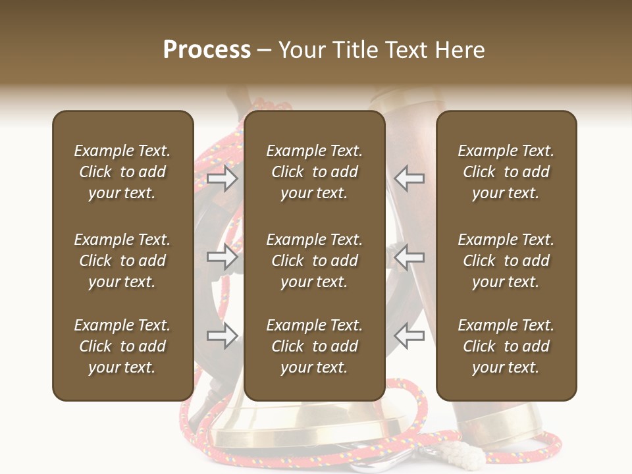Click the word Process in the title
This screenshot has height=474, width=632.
[x=207, y=50]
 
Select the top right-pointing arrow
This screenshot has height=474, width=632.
[x=223, y=178]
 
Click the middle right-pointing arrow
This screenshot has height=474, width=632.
[x=223, y=257]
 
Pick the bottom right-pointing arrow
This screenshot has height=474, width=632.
[x=223, y=336]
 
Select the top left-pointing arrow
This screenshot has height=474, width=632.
[x=409, y=178]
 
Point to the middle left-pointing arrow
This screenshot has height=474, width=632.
[x=409, y=257]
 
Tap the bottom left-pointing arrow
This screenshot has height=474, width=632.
[x=409, y=336]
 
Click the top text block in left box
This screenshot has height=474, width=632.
[x=122, y=172]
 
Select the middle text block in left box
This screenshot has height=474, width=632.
[x=122, y=261]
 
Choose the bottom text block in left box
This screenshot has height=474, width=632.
[x=122, y=346]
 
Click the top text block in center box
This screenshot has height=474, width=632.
[x=314, y=172]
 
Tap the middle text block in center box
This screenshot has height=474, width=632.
[x=314, y=261]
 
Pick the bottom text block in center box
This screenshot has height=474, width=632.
[x=314, y=346]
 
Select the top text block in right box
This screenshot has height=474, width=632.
[x=506, y=172]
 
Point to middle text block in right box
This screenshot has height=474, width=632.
[x=506, y=261]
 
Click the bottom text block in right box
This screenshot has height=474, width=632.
[x=506, y=346]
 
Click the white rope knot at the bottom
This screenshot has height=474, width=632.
[x=469, y=452]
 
